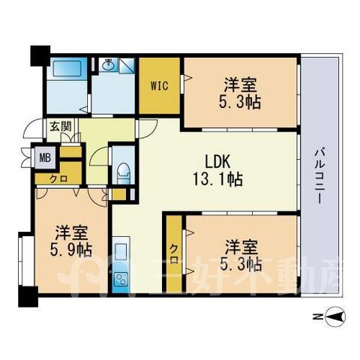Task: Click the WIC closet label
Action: pos(159,86)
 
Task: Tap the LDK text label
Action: pos(217,162)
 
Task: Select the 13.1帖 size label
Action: pos(217,179)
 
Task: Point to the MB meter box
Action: pos(45,157)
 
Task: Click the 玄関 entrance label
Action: pos(61,126)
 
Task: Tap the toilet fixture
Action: pos(124,173)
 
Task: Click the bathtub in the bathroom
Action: pos(67,67)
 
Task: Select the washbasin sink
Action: pos(108,65)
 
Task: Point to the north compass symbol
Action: pos(336,317)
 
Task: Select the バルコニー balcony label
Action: pos(319,175)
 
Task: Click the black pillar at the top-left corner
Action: pos(40,55)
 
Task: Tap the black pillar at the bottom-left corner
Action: pos(28,296)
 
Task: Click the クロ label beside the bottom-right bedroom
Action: pos(175,253)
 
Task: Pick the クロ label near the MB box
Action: pos(58,178)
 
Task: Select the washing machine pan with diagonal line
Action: pos(126,66)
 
